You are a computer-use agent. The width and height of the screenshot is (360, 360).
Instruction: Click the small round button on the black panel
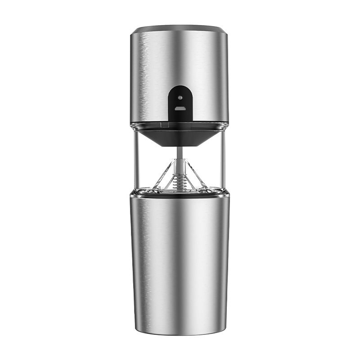click(x=180, y=97)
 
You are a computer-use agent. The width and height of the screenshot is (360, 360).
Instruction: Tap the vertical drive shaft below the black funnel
click(x=180, y=153)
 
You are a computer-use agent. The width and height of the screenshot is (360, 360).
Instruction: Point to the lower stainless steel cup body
click(x=180, y=261)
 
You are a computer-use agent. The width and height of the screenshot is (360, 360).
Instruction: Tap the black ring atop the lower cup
click(x=180, y=194)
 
